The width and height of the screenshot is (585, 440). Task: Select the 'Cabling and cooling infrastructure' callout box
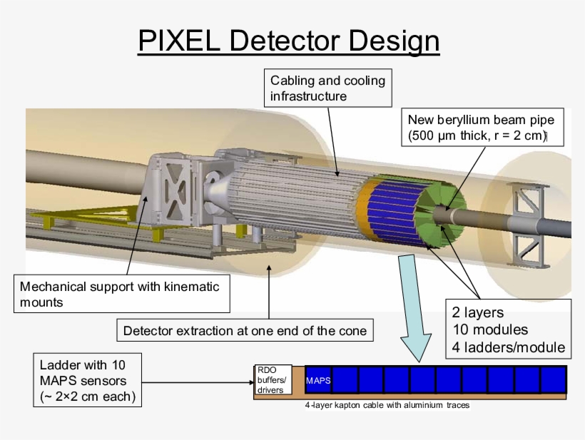coord(327,88)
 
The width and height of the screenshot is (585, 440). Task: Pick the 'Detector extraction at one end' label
coord(245,330)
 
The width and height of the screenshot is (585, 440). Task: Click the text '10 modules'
coord(489,329)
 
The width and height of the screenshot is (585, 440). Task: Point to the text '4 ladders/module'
coord(508,347)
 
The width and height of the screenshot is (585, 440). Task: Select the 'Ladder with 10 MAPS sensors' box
coord(87,380)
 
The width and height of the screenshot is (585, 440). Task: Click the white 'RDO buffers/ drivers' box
coord(272,380)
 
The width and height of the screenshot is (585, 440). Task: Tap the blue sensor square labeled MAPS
coord(318,380)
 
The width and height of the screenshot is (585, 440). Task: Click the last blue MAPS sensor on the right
coord(553,380)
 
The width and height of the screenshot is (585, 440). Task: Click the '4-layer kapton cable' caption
coord(387,405)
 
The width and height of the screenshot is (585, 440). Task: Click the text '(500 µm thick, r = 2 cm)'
coord(477,135)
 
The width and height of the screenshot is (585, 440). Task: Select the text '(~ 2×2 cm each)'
coord(87,396)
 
